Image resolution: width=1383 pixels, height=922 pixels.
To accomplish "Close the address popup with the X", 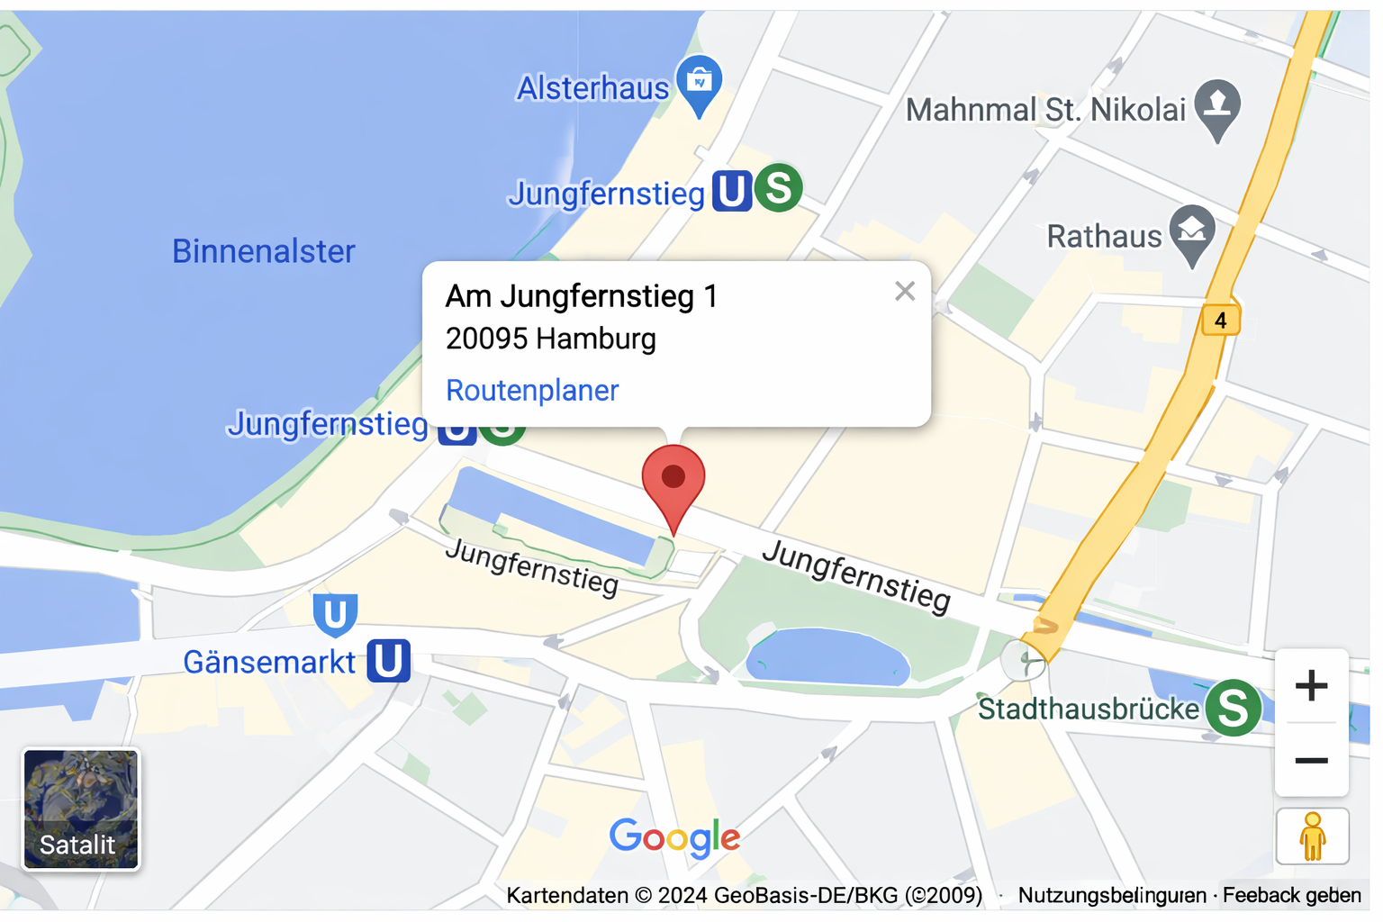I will pos(905,291).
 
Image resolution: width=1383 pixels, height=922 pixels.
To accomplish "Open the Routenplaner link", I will pos(532,391).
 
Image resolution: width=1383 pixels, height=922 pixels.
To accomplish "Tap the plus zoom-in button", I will pos(1311,686).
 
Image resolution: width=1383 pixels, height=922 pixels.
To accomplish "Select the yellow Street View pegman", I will pos(1312,836).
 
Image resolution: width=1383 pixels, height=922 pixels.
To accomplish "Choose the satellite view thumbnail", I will pos(81,809).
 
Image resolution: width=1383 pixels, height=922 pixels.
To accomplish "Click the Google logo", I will pos(674,837).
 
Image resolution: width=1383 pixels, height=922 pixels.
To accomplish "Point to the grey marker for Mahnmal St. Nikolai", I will pos(1217,106).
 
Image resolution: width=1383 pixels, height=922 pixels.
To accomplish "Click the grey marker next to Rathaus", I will pos(1192,232).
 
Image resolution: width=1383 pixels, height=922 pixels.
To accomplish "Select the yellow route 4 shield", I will pos(1220,320).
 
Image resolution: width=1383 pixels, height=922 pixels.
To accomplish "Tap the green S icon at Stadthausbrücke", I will pos(1233,708).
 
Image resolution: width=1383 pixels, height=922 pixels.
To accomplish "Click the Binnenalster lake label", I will pos(264,251).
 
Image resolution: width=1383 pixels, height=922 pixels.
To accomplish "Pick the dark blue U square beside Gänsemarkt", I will pos(389,661).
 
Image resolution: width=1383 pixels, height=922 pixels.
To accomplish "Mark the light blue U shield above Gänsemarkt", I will pos(335,614).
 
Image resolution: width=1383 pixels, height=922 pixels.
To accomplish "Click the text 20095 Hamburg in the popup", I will pos(551,339).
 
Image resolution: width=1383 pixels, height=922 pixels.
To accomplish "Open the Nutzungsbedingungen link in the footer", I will pos(1112,895).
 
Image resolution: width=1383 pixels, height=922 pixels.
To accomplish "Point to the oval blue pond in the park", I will pos(827,658).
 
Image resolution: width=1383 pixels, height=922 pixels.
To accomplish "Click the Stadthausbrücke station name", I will pos(1088,710).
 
